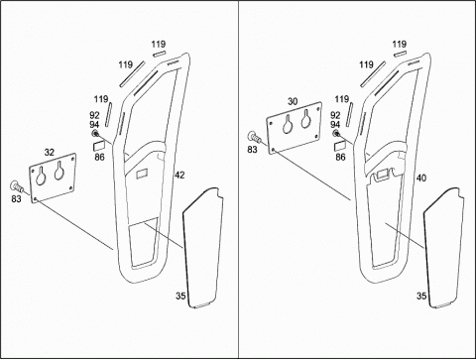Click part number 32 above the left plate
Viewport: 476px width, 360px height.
(x=50, y=153)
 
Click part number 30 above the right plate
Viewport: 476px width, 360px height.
(x=293, y=101)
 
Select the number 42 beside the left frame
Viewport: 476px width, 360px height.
(x=179, y=175)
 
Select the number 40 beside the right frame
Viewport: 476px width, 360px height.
(x=420, y=179)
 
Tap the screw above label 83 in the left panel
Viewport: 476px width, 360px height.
(x=17, y=186)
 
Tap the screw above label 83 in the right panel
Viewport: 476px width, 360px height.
(x=254, y=137)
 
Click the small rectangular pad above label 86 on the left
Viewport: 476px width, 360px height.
(x=99, y=145)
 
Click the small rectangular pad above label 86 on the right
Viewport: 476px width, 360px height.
(x=340, y=145)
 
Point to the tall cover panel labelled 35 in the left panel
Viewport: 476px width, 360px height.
(x=202, y=248)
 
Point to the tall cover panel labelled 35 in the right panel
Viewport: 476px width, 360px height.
(x=443, y=248)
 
